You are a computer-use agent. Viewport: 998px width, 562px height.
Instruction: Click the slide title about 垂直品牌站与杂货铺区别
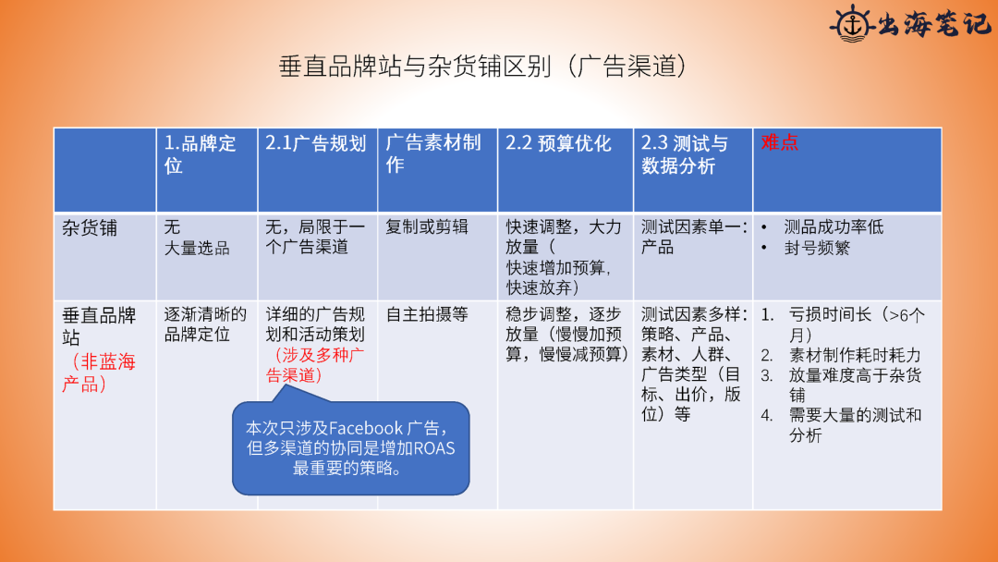pos(483,67)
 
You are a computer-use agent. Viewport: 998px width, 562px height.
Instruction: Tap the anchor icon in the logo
pos(852,23)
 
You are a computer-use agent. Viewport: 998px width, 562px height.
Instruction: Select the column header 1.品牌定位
pos(200,154)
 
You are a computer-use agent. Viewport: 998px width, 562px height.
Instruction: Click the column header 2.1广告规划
pos(316,143)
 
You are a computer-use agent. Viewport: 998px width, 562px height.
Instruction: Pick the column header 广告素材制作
pos(432,154)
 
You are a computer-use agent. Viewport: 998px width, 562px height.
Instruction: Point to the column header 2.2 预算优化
pos(558,143)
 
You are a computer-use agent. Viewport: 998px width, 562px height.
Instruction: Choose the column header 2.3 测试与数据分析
pos(684,154)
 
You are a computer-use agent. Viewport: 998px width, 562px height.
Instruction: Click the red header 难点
pos(779,142)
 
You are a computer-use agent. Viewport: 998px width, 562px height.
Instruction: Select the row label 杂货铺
pos(90,228)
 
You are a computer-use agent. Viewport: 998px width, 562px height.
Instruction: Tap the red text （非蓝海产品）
pos(99,373)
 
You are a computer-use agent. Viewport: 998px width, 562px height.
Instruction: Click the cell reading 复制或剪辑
pos(426,226)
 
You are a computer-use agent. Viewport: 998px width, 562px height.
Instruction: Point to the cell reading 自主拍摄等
pos(426,313)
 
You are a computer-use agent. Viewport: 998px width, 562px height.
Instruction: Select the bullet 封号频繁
pos(817,248)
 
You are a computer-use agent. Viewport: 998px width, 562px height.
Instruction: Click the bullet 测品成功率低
pos(834,226)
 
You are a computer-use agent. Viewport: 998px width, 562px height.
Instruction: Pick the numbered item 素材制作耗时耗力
pos(855,355)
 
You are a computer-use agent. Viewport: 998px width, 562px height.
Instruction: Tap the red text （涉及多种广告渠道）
pos(315,365)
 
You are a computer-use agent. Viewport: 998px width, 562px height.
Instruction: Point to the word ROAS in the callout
pos(434,448)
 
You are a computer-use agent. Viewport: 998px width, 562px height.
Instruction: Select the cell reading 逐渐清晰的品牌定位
pos(205,324)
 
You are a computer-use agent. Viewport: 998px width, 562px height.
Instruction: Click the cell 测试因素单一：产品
pos(694,237)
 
